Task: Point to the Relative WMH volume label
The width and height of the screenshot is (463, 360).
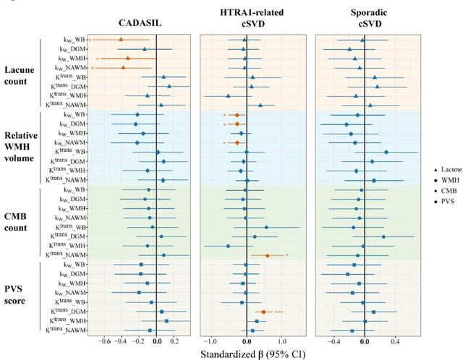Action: click(23, 147)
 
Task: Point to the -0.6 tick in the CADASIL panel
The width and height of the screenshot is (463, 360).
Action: click(104, 340)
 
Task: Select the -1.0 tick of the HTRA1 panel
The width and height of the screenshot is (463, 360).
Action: click(210, 340)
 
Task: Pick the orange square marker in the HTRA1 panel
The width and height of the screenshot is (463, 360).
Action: click(263, 312)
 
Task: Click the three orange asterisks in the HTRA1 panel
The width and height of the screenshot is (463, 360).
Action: click(278, 312)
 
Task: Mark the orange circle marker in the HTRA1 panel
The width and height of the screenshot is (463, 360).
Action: click(268, 255)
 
